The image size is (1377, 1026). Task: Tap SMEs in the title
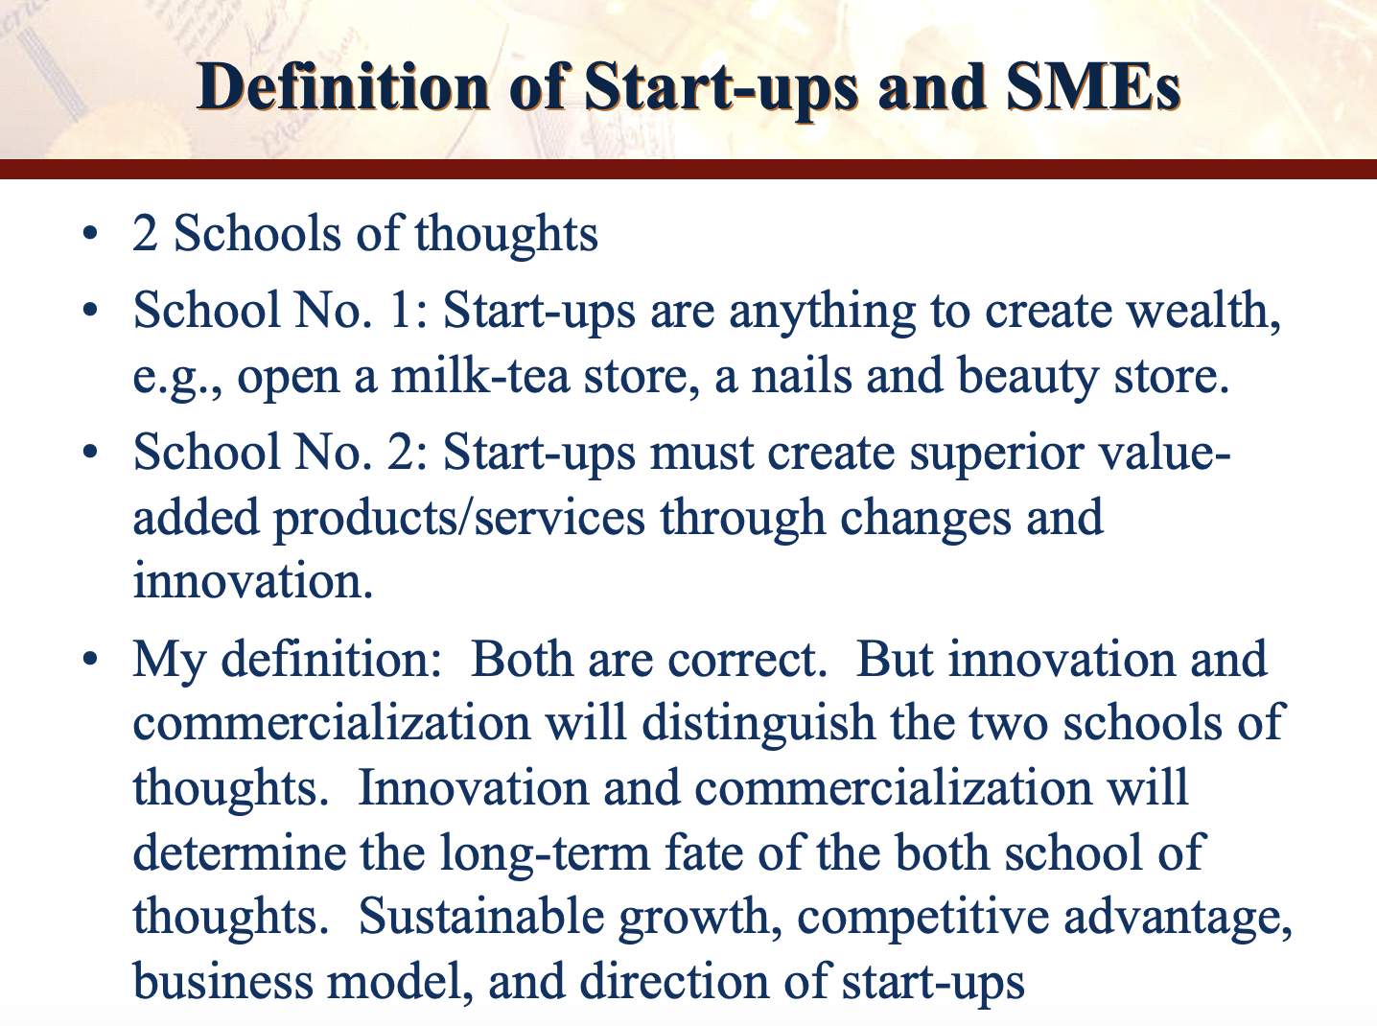pos(1093,87)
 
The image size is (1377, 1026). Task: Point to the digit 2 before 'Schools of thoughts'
pos(145,234)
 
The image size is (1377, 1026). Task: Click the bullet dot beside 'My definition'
pos(90,659)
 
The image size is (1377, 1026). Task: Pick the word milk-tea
pos(479,376)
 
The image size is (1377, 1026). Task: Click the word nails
pos(801,376)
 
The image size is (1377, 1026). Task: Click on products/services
pos(459,519)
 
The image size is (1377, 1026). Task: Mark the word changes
pos(925,519)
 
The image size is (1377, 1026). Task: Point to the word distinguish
pos(759,724)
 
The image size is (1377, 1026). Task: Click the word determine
pos(239,853)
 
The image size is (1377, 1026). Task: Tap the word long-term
pos(545,854)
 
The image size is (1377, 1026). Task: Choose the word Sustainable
pos(481,918)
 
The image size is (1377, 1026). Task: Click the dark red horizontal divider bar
pos(688,169)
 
